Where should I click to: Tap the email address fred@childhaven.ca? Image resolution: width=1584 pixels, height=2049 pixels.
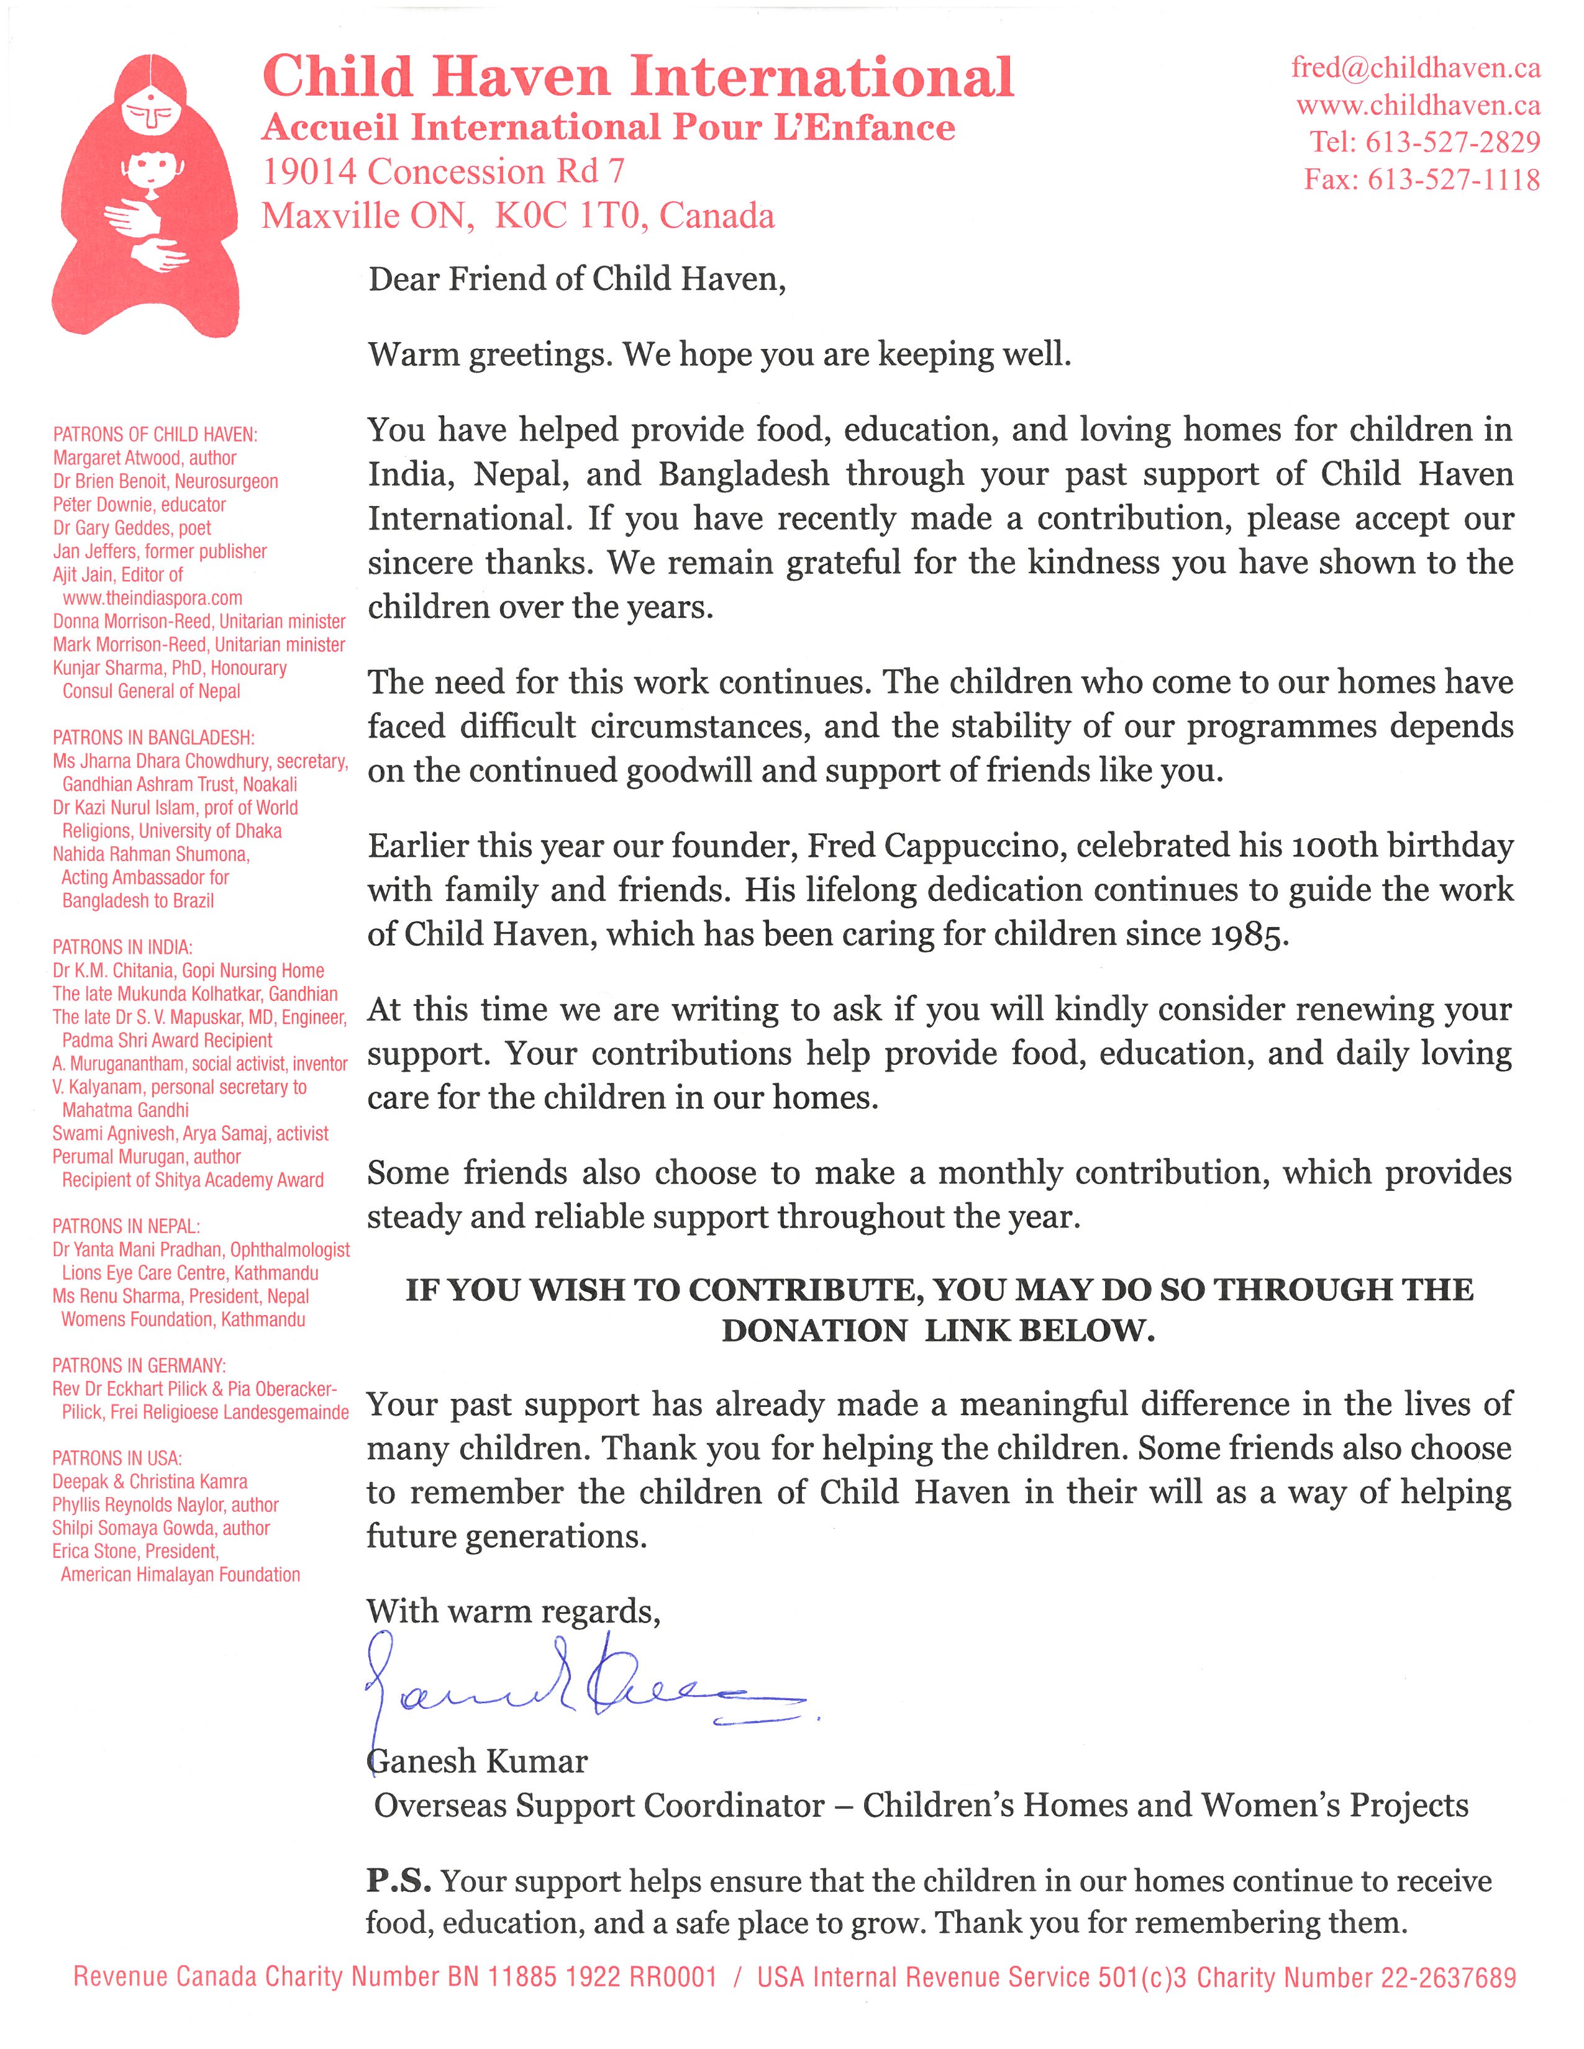[1415, 68]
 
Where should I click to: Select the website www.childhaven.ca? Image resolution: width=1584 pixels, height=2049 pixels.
[1418, 105]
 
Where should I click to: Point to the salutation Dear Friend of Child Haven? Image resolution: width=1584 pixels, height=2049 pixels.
[576, 279]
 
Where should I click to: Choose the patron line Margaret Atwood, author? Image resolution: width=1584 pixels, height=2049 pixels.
[145, 458]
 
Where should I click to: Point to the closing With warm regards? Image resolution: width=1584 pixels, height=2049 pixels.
[513, 1611]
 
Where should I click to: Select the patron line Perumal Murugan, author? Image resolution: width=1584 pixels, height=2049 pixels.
[147, 1157]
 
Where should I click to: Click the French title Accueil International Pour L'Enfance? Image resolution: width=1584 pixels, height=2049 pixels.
[608, 127]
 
